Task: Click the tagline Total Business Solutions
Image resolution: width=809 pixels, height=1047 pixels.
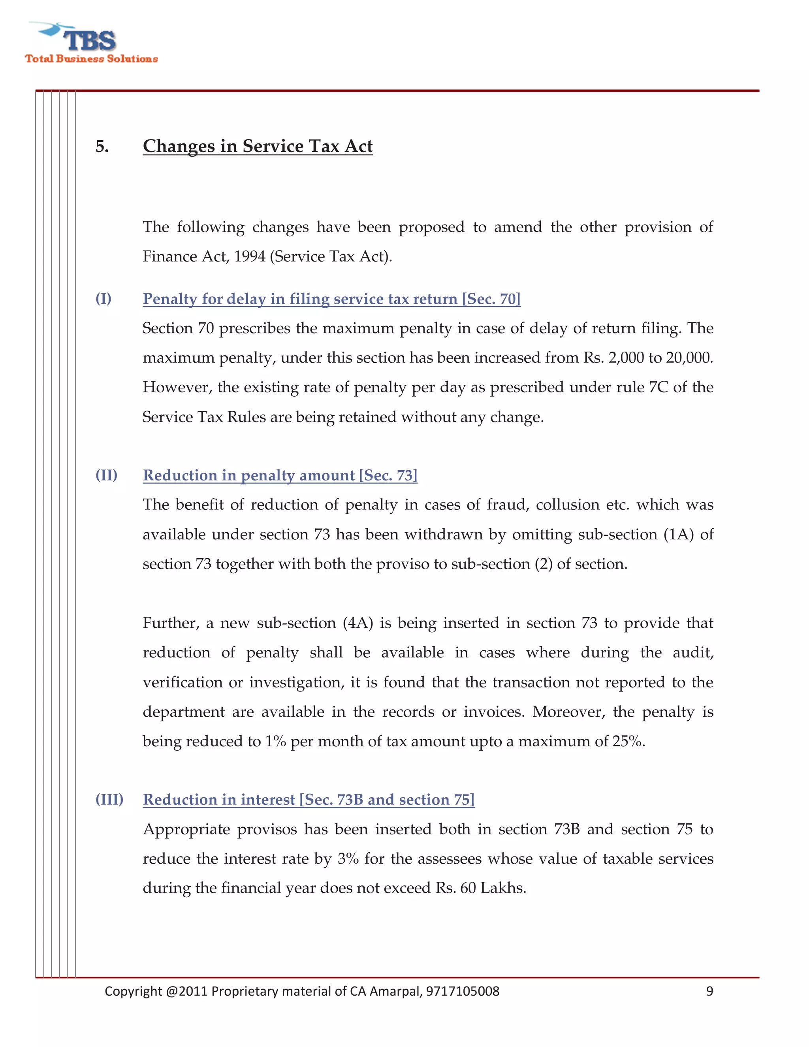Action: point(91,59)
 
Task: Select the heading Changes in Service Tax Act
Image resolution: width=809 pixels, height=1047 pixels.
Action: point(258,146)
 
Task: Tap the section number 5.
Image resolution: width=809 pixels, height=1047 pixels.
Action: point(102,147)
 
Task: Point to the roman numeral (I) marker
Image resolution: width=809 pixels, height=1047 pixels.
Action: point(103,299)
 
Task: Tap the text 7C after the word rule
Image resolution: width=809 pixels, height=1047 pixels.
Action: point(658,387)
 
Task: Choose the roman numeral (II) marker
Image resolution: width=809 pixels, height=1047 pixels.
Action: point(106,475)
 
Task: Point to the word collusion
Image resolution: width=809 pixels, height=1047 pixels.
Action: point(568,505)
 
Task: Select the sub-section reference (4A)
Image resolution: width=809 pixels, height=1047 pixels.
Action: point(357,623)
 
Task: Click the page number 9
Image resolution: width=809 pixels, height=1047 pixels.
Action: point(709,991)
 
